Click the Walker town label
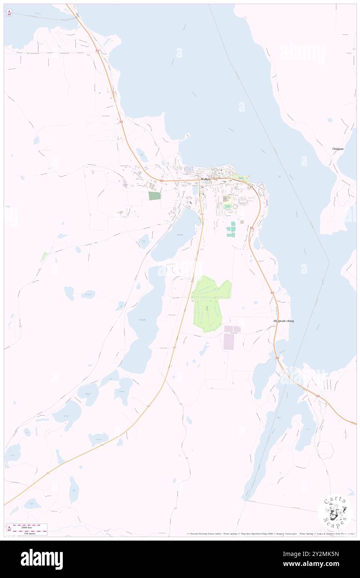(205, 179)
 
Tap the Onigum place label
(338, 148)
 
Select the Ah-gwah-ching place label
(283, 321)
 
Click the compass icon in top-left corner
(9, 13)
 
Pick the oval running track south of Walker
(227, 206)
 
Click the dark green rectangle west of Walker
(154, 195)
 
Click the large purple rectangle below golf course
(229, 341)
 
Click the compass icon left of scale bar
(9, 529)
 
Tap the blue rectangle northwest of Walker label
(189, 169)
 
